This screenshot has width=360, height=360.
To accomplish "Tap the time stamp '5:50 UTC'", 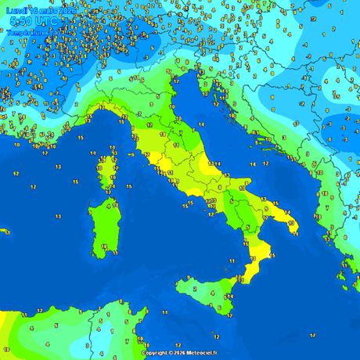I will pyautogui.click(x=32, y=21).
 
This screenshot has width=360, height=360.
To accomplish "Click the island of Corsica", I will pyautogui.click(x=105, y=172).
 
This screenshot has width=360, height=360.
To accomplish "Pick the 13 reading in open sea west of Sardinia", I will pyautogui.click(x=33, y=187).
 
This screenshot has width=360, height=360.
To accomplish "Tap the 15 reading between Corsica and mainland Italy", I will pyautogui.click(x=128, y=169).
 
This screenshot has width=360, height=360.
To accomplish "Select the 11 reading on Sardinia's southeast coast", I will pyautogui.click(x=115, y=253).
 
